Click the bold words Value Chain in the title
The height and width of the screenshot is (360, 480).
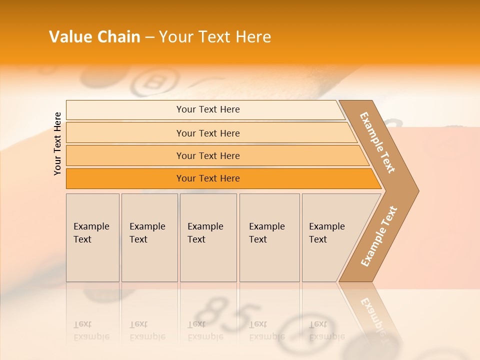94,37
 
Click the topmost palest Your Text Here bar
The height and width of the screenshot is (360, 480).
207,109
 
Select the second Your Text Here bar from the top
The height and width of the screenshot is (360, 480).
208,133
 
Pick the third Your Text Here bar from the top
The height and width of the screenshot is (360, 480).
208,155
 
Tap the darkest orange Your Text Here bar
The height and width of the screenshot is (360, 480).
208,178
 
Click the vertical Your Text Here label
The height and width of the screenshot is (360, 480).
57,143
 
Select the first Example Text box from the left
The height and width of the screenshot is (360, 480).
92,237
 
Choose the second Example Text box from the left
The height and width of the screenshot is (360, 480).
149,237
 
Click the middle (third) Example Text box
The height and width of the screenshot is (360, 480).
207,237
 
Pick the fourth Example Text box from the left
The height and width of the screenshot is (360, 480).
269,237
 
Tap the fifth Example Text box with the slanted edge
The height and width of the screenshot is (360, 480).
330,237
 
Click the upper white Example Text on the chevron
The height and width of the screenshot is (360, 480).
377,142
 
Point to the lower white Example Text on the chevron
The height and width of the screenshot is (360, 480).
378,236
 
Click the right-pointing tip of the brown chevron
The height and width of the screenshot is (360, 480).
416,190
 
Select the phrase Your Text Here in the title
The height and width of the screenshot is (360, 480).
215,37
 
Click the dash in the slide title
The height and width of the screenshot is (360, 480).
149,37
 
